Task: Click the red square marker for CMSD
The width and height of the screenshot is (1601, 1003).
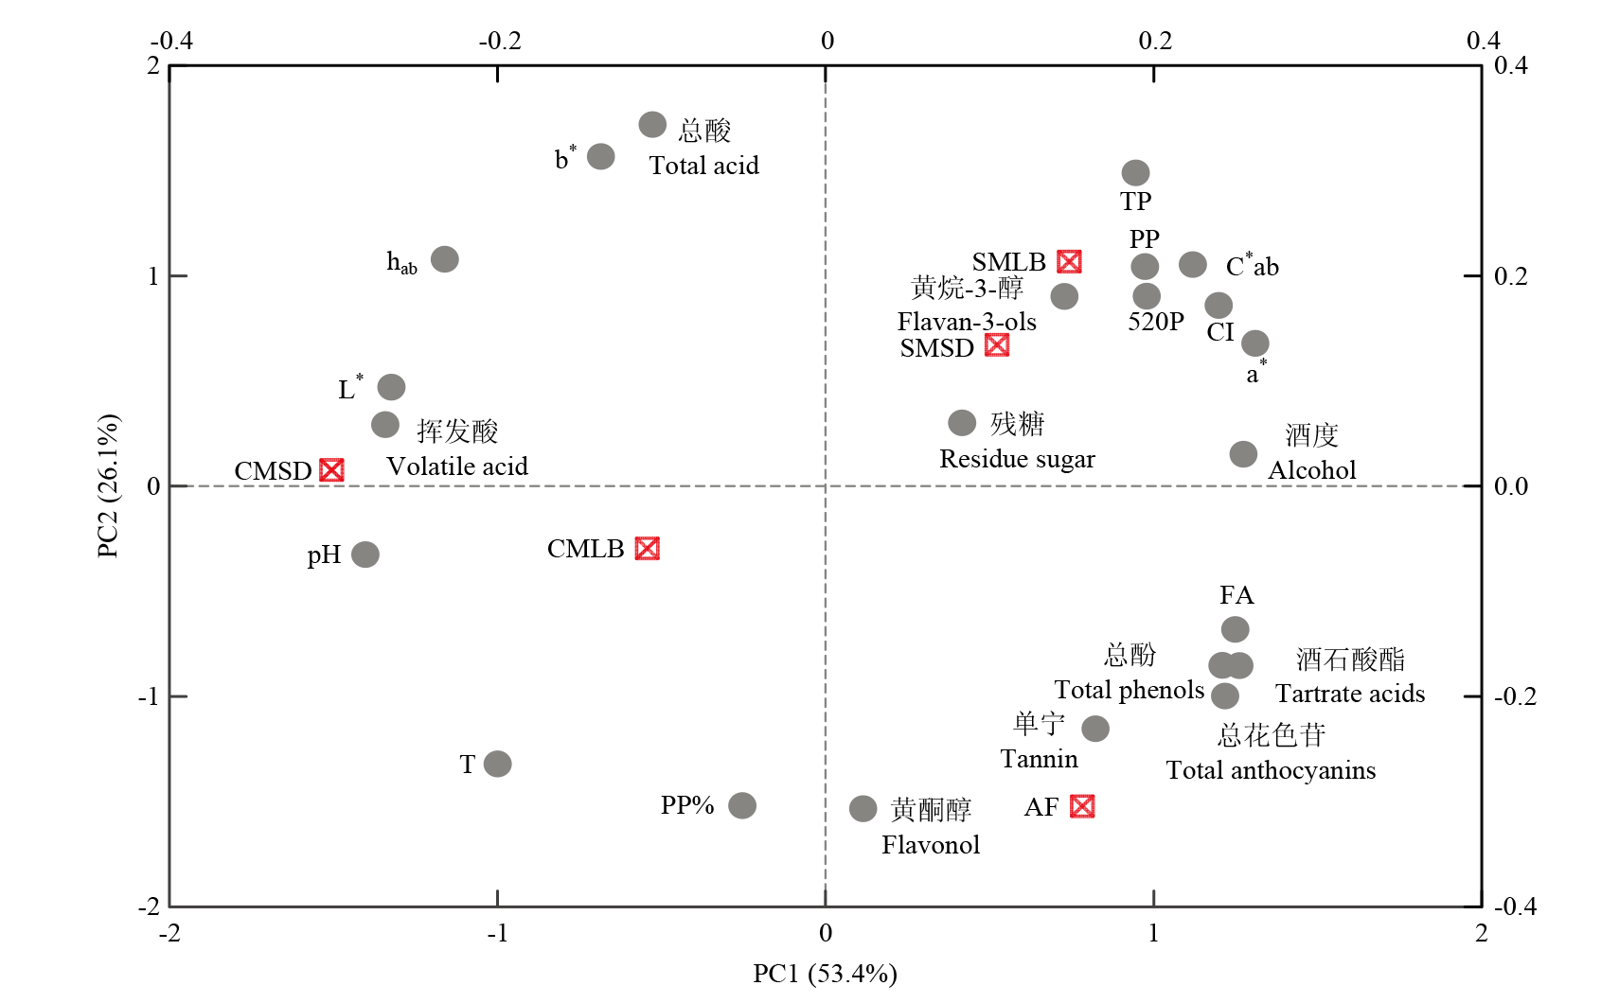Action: pyautogui.click(x=331, y=470)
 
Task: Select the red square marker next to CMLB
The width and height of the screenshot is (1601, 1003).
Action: pyautogui.click(x=648, y=549)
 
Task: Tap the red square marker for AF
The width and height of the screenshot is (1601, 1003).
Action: pyautogui.click(x=1082, y=806)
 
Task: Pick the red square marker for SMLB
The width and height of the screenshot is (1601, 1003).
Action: pyautogui.click(x=1069, y=262)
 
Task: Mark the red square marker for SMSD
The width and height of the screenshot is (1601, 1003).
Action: pyautogui.click(x=997, y=345)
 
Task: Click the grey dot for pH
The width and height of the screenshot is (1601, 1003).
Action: pyautogui.click(x=365, y=554)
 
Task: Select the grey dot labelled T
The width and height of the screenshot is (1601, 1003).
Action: pyautogui.click(x=497, y=764)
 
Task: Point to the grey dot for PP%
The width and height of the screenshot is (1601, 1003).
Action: pyautogui.click(x=742, y=805)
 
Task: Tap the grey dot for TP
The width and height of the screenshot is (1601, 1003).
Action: pyautogui.click(x=1135, y=173)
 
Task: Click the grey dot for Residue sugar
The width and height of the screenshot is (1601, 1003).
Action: pyautogui.click(x=962, y=423)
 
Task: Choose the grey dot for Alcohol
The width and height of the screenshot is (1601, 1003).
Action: pyautogui.click(x=1243, y=454)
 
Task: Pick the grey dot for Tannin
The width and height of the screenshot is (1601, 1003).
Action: pyautogui.click(x=1095, y=729)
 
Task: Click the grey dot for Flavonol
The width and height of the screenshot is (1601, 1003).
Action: pyautogui.click(x=863, y=808)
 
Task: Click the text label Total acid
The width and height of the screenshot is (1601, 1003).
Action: pyautogui.click(x=703, y=166)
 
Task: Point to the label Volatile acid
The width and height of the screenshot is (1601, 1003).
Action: pyautogui.click(x=457, y=466)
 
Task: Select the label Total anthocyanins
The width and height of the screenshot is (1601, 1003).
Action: pyautogui.click(x=1271, y=770)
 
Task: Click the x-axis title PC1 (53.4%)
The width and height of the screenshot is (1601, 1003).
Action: pyautogui.click(x=825, y=974)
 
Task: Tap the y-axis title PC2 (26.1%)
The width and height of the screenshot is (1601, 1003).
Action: pyautogui.click(x=109, y=485)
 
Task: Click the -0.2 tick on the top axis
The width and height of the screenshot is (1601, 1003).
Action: pyautogui.click(x=500, y=41)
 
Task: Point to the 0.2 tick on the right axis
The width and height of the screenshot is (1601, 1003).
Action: pyautogui.click(x=1510, y=276)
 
